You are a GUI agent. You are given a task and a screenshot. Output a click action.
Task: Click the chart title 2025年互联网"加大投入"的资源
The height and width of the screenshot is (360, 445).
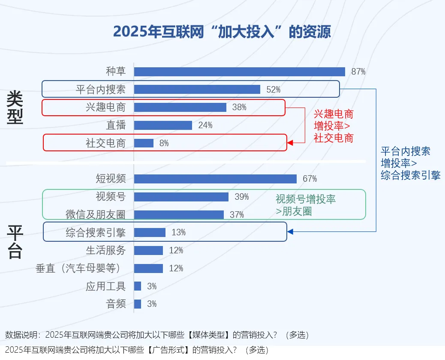pyautogui.click(x=222, y=32)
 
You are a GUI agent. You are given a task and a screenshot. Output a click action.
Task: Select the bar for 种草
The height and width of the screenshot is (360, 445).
pyautogui.click(x=239, y=72)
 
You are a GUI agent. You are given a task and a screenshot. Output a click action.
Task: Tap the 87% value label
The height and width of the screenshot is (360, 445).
pyautogui.click(x=358, y=72)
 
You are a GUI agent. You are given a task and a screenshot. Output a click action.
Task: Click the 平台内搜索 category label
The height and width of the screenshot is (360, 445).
pyautogui.click(x=101, y=90)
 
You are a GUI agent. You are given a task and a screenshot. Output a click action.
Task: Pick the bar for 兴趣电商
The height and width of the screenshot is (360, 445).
pyautogui.click(x=180, y=108)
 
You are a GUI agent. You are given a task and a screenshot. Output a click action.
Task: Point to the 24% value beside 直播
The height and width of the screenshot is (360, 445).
pyautogui.click(x=205, y=125)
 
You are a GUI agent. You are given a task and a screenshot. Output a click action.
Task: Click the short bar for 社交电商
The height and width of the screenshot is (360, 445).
pyautogui.click(x=144, y=143)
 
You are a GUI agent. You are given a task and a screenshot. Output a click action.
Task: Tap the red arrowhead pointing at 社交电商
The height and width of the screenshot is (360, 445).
pyautogui.click(x=290, y=143)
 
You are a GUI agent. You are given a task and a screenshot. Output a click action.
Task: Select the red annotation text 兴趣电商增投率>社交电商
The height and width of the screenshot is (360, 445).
pyautogui.click(x=334, y=126)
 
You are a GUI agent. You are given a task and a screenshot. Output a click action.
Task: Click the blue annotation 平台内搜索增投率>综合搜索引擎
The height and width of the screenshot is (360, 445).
pyautogui.click(x=410, y=163)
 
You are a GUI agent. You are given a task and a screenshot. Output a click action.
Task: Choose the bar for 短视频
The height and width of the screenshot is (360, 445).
pyautogui.click(x=215, y=179)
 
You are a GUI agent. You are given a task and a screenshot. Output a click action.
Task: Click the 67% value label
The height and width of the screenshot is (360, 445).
pyautogui.click(x=310, y=179)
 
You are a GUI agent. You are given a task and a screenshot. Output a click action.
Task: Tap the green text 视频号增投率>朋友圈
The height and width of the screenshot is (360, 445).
pyautogui.click(x=305, y=205)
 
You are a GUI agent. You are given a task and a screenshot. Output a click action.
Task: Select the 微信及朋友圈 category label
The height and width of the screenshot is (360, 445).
pyautogui.click(x=96, y=215)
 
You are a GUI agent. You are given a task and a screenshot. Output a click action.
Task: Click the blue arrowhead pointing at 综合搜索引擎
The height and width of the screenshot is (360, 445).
pyautogui.click(x=290, y=232)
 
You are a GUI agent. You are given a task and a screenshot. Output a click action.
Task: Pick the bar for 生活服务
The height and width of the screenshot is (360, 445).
pyautogui.click(x=148, y=250)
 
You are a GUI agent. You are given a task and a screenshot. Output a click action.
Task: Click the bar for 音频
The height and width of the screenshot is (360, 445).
pyautogui.click(x=138, y=304)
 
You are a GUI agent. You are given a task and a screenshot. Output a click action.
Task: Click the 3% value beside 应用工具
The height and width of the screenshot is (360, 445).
pyautogui.click(x=152, y=286)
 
